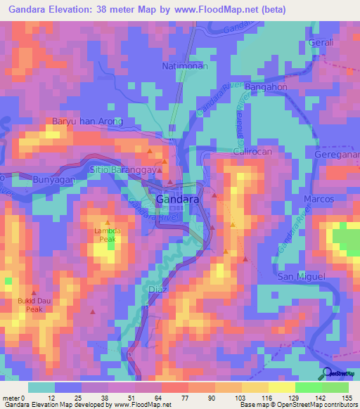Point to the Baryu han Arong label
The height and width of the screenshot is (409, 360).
pyautogui.click(x=88, y=122)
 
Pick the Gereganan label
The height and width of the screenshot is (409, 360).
pyautogui.click(x=337, y=154)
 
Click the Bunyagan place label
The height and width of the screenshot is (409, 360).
pyautogui.click(x=54, y=180)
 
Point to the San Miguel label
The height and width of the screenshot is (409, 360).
pyautogui.click(x=302, y=276)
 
